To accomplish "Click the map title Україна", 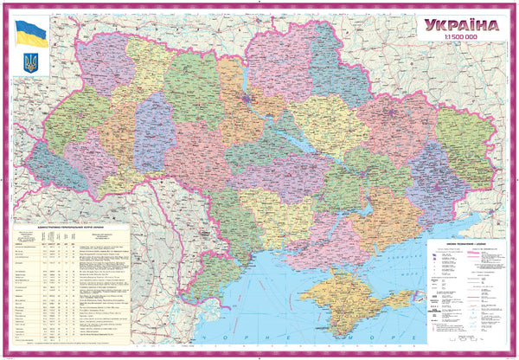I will pos(462,26).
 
